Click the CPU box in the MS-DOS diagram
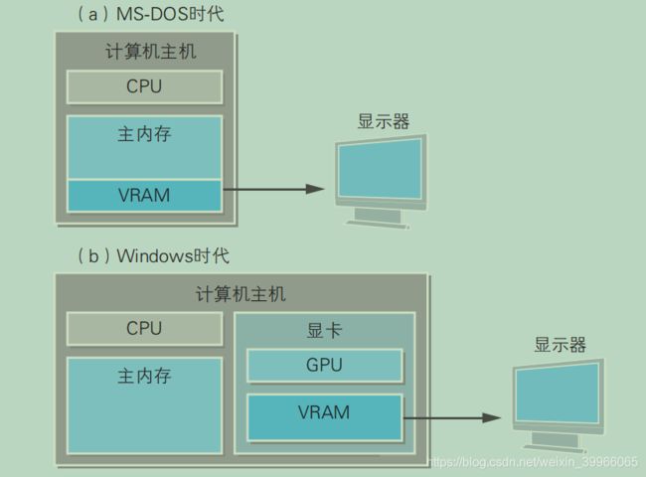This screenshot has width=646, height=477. (144, 86)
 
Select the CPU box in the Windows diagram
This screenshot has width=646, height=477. (144, 328)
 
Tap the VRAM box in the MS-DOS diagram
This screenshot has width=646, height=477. (144, 195)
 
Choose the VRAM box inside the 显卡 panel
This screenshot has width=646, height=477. (323, 411)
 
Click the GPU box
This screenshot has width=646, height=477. (323, 365)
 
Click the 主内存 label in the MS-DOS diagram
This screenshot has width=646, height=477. (144, 134)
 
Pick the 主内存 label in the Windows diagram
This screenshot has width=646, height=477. (144, 377)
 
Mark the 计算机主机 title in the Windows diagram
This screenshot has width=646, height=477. (241, 294)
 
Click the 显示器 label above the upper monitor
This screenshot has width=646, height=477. (383, 121)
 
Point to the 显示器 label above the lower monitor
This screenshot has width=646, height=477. (561, 346)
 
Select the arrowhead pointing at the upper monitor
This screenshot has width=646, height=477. (317, 188)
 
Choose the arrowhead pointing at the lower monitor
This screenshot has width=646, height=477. (493, 419)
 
